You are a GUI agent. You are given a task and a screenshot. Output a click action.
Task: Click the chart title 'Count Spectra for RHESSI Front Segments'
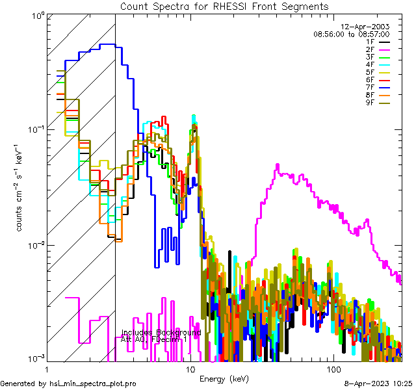tap(224, 6)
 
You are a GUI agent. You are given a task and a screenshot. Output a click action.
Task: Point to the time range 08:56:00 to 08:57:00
tap(351, 34)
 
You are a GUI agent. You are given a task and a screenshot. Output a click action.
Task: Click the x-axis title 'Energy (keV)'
tap(224, 378)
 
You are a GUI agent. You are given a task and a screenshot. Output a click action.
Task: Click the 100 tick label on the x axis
tap(333, 369)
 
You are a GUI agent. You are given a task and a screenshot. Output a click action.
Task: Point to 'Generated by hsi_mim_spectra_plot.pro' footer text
tap(69, 384)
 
